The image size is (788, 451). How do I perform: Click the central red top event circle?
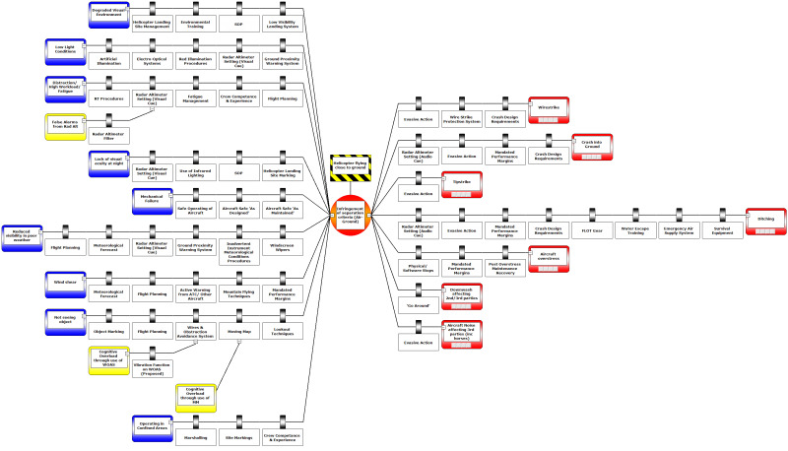click(x=356, y=215)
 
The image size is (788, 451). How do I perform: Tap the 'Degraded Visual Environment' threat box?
click(x=109, y=12)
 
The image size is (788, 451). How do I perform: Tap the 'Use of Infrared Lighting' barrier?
click(x=196, y=174)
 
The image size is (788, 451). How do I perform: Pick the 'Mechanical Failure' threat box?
click(x=152, y=201)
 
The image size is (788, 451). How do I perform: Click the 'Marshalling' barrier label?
click(x=196, y=436)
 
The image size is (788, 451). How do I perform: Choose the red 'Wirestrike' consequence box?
click(x=549, y=108)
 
